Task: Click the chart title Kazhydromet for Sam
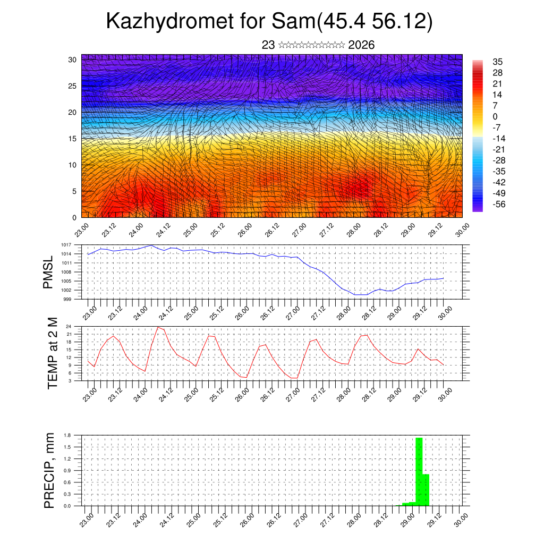[x=269, y=21]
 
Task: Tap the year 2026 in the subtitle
[x=361, y=45]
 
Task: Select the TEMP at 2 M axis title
[x=52, y=353]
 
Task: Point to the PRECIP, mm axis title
[x=49, y=470]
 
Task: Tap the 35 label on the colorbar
[x=498, y=62]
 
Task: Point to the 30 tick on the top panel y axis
[x=72, y=59]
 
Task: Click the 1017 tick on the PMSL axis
[x=67, y=245]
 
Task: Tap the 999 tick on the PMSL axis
[x=68, y=299]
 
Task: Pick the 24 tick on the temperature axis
[x=69, y=326]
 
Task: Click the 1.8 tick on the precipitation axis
[x=67, y=435]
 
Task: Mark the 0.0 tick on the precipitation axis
[x=67, y=506]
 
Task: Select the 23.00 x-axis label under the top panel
[x=81, y=232]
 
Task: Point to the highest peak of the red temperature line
[x=158, y=327]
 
